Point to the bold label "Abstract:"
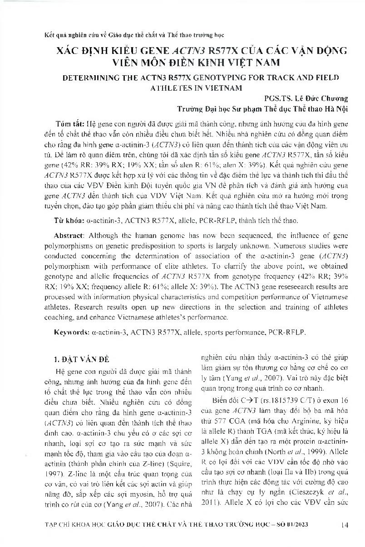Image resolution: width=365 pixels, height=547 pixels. click(x=69, y=236)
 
